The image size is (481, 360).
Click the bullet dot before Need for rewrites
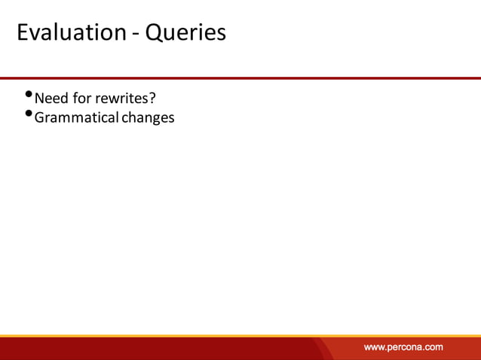29,95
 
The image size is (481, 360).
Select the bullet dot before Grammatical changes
29,114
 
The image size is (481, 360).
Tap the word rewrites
120,98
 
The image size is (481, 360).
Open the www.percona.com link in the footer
403,347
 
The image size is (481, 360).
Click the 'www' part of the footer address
374,347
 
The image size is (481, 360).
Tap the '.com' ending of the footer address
434,347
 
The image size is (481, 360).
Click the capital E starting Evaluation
22,33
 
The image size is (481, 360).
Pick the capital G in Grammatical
40,117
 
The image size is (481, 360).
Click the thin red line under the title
240,78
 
